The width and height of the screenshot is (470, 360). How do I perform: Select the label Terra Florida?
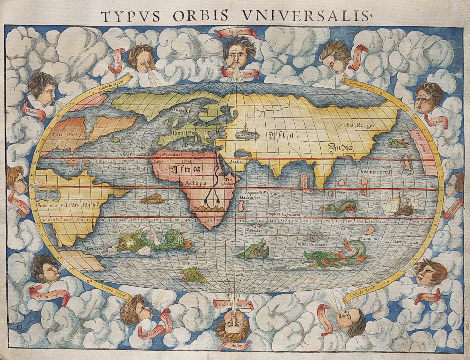(x=66, y=134)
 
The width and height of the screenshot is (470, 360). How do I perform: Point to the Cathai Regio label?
(x=355, y=125)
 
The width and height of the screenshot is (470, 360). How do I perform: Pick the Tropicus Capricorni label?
(x=283, y=214)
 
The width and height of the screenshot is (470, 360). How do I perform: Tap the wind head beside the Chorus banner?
(x=43, y=89)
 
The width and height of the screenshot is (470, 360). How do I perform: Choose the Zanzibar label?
(x=253, y=230)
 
